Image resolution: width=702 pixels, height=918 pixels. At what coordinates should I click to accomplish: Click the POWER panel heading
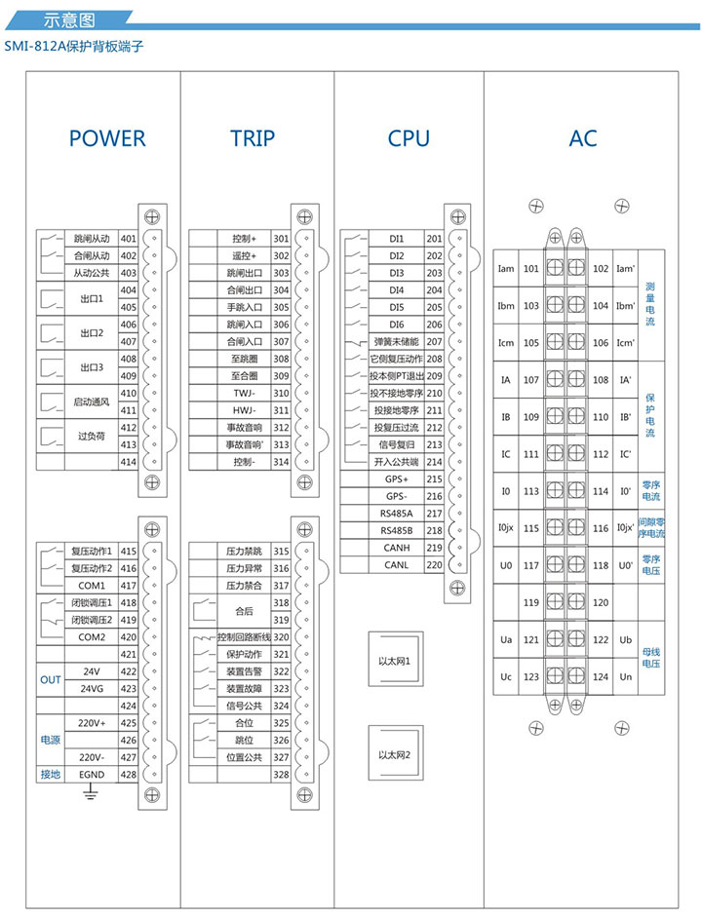click(x=107, y=138)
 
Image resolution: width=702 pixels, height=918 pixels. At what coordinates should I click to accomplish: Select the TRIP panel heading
click(x=253, y=138)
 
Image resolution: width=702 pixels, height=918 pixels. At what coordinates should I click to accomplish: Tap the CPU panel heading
click(x=409, y=138)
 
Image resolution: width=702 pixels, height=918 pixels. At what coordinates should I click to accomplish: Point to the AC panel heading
click(x=583, y=138)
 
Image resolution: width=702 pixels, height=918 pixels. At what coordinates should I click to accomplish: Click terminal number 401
click(x=128, y=239)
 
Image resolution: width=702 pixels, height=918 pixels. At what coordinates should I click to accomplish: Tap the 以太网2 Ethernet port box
click(x=396, y=756)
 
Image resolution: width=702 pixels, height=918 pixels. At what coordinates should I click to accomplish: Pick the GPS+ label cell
click(x=396, y=478)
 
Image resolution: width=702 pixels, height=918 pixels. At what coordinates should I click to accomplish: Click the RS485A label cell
click(x=396, y=514)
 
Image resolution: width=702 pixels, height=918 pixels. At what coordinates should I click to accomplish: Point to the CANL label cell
click(x=396, y=565)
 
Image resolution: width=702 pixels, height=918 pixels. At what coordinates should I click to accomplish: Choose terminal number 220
click(x=435, y=565)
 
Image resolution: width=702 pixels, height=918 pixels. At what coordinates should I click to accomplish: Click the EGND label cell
click(x=92, y=775)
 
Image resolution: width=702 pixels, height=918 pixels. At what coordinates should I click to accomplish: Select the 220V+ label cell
click(x=92, y=723)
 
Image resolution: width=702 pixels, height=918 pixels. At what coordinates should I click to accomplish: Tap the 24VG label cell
click(x=92, y=688)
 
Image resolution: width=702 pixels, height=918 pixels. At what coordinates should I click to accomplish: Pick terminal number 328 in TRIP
click(x=281, y=775)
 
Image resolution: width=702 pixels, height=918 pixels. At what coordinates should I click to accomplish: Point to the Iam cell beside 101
click(x=505, y=269)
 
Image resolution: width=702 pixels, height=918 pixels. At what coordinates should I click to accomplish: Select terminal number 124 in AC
click(x=601, y=676)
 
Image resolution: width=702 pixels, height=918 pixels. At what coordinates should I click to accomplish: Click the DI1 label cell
click(x=396, y=239)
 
